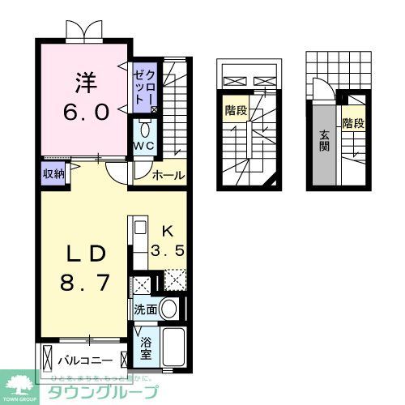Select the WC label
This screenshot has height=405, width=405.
(x=143, y=146)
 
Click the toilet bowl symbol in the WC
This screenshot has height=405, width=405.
(x=144, y=129)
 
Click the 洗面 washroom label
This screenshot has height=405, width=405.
(x=146, y=309)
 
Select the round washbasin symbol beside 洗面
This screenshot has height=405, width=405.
(x=168, y=308)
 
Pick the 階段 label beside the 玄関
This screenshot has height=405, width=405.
(x=352, y=123)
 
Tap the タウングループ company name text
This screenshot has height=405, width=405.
(x=122, y=392)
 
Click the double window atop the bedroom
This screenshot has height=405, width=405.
(x=85, y=30)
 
